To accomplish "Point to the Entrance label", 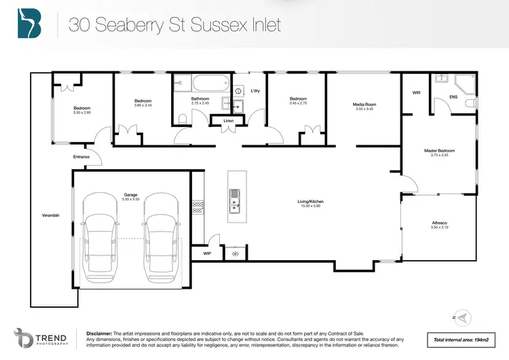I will pyautogui.click(x=81, y=157).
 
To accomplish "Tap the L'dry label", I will pyautogui.click(x=256, y=90).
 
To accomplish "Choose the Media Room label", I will pyautogui.click(x=363, y=105).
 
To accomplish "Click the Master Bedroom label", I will pyautogui.click(x=439, y=151).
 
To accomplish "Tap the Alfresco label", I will pyautogui.click(x=439, y=223).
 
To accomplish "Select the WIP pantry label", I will pyautogui.click(x=207, y=253).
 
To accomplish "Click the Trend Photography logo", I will pyautogui.click(x=40, y=339).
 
